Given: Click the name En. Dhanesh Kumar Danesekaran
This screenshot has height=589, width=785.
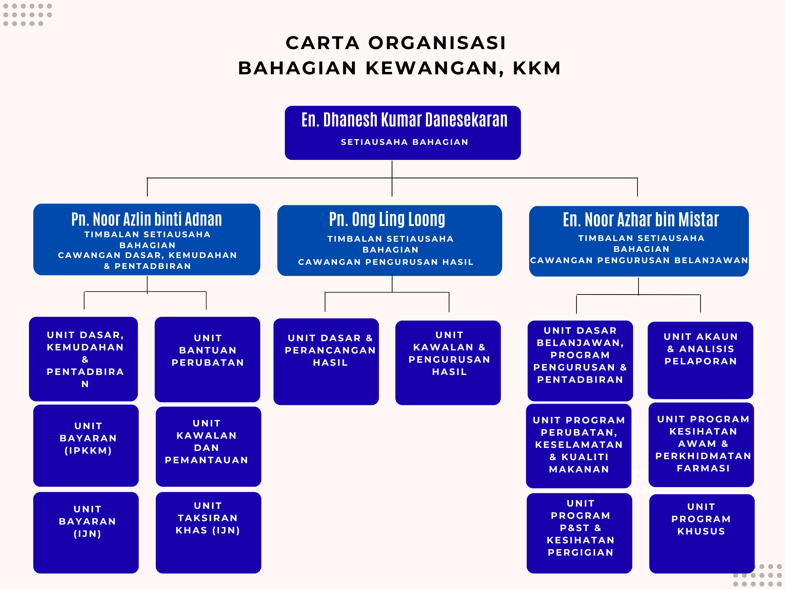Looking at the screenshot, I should tap(404, 120).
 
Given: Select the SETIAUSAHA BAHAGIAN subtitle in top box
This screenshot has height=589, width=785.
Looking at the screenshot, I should tap(404, 142).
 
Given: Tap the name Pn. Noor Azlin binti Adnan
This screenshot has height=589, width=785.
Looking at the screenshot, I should tap(147, 220).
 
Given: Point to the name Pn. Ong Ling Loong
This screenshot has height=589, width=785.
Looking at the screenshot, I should tap(387, 220).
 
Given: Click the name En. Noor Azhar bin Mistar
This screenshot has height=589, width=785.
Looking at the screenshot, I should tap(641, 220).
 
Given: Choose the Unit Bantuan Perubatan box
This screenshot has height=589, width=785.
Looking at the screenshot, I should tap(207, 359).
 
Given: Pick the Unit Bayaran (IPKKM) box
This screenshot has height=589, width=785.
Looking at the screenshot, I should tap(86, 445).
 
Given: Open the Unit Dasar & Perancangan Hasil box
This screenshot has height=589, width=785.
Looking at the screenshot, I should tap(326, 361).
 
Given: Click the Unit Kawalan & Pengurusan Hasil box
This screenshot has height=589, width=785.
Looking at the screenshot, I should tap(448, 362).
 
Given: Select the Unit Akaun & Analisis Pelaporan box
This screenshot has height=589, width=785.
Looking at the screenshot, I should tap(700, 360).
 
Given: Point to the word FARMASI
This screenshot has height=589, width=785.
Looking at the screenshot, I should tap(703, 468).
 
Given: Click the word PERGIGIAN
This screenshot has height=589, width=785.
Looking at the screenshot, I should tap(581, 553).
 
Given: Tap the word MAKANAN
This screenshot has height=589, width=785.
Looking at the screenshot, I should tap(579, 469).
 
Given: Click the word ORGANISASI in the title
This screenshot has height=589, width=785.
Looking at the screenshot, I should tap(437, 43).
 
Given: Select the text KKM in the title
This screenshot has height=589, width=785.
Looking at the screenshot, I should tap(537, 68).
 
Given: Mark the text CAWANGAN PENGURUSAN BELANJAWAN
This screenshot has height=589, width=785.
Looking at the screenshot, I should tap(639, 260).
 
